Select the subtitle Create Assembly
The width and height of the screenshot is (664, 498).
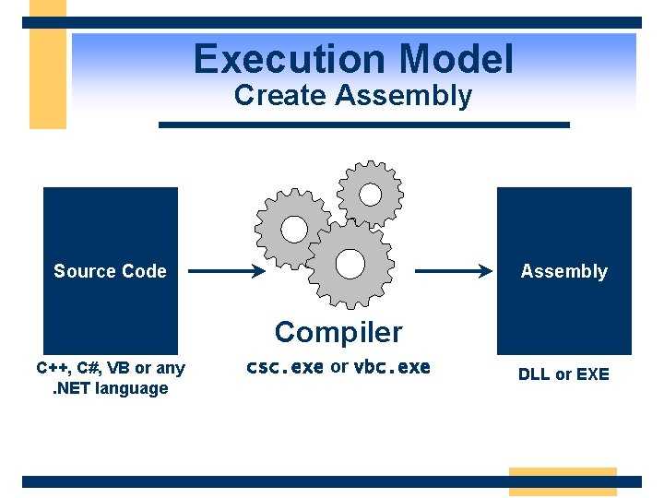click(353, 96)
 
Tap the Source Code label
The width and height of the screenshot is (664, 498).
click(110, 271)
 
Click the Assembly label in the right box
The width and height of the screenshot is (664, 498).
click(563, 271)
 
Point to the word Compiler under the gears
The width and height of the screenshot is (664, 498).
click(338, 332)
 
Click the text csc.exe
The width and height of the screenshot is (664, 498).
click(284, 367)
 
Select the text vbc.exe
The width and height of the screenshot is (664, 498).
click(392, 367)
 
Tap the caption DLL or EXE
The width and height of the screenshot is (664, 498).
click(563, 374)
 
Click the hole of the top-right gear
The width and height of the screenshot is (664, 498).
click(370, 195)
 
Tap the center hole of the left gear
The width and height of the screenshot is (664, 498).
click(293, 229)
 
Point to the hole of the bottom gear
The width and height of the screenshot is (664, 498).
click(350, 264)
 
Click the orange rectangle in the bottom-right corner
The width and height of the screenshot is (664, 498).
click(563, 481)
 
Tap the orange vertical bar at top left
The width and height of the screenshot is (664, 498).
click(48, 65)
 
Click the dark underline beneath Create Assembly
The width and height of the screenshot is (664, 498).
click(364, 125)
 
